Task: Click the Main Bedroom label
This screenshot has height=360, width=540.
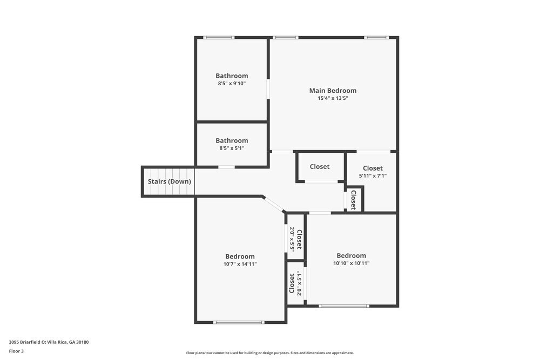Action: [x=333, y=91]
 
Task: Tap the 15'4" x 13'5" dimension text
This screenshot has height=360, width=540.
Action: [x=333, y=98]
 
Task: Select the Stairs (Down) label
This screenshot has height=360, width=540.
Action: [x=170, y=181]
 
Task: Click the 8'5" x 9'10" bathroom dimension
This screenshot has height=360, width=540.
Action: [x=232, y=84]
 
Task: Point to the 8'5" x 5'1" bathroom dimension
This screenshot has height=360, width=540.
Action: [x=232, y=148]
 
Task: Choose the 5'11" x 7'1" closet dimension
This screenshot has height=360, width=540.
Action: [x=373, y=176]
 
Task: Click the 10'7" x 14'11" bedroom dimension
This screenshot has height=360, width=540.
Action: [x=240, y=264]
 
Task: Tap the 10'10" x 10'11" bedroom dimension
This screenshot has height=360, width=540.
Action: [x=351, y=263]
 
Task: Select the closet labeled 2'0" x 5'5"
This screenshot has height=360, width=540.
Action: [x=295, y=239]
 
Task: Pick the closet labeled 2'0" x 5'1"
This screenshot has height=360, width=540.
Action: [x=295, y=283]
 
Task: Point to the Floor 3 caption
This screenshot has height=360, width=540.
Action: [x=16, y=351]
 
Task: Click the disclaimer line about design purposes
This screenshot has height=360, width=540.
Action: [x=270, y=353]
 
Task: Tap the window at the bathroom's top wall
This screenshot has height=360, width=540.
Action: [x=219, y=37]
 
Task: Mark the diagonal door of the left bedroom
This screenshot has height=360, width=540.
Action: [x=274, y=205]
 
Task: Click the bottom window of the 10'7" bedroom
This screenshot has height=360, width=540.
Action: [x=239, y=322]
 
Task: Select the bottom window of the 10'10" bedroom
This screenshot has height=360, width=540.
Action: [x=344, y=306]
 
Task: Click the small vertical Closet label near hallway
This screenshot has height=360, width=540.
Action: [x=354, y=200]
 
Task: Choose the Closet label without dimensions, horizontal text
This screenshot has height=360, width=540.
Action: [x=320, y=167]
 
